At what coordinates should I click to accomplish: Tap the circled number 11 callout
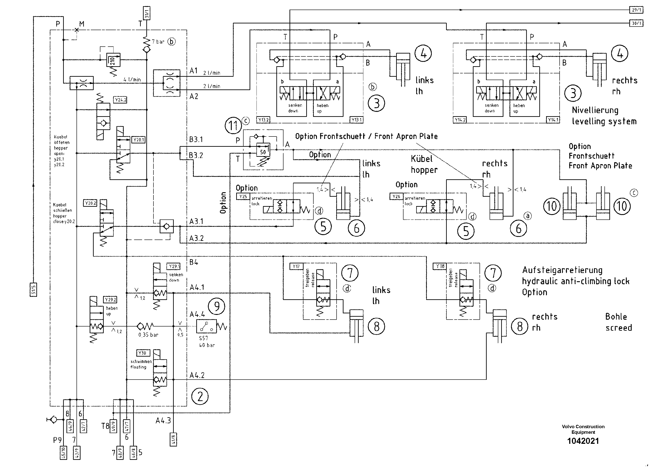(233, 126)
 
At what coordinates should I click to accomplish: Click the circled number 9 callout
(217, 306)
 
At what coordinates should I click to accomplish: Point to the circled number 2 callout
(200, 397)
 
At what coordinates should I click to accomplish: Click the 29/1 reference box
(636, 10)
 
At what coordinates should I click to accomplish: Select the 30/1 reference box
(636, 23)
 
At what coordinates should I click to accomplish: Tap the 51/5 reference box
(33, 290)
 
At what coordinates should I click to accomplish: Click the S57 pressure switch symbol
(207, 327)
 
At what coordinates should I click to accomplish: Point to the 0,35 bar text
(148, 335)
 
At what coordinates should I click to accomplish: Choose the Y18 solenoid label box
(440, 266)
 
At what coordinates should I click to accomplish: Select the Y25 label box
(243, 197)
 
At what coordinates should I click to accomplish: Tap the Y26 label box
(396, 197)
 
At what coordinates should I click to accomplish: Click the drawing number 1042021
(583, 441)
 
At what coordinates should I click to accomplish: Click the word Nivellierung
(595, 110)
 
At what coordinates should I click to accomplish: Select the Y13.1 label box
(356, 120)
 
